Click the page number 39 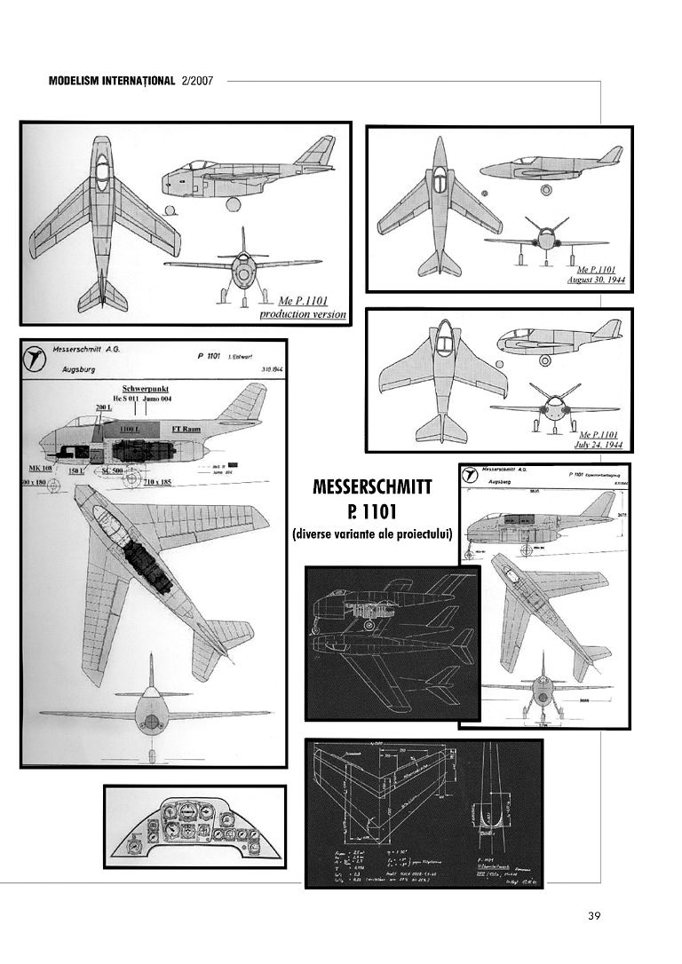click(594, 915)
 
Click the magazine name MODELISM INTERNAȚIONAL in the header click(111, 81)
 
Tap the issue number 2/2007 click(198, 81)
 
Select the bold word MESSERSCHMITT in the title click(372, 488)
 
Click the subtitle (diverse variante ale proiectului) click(372, 534)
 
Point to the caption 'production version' click(303, 314)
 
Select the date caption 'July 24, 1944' click(600, 444)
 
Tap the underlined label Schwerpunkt click(147, 389)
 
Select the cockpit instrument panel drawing click(194, 827)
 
